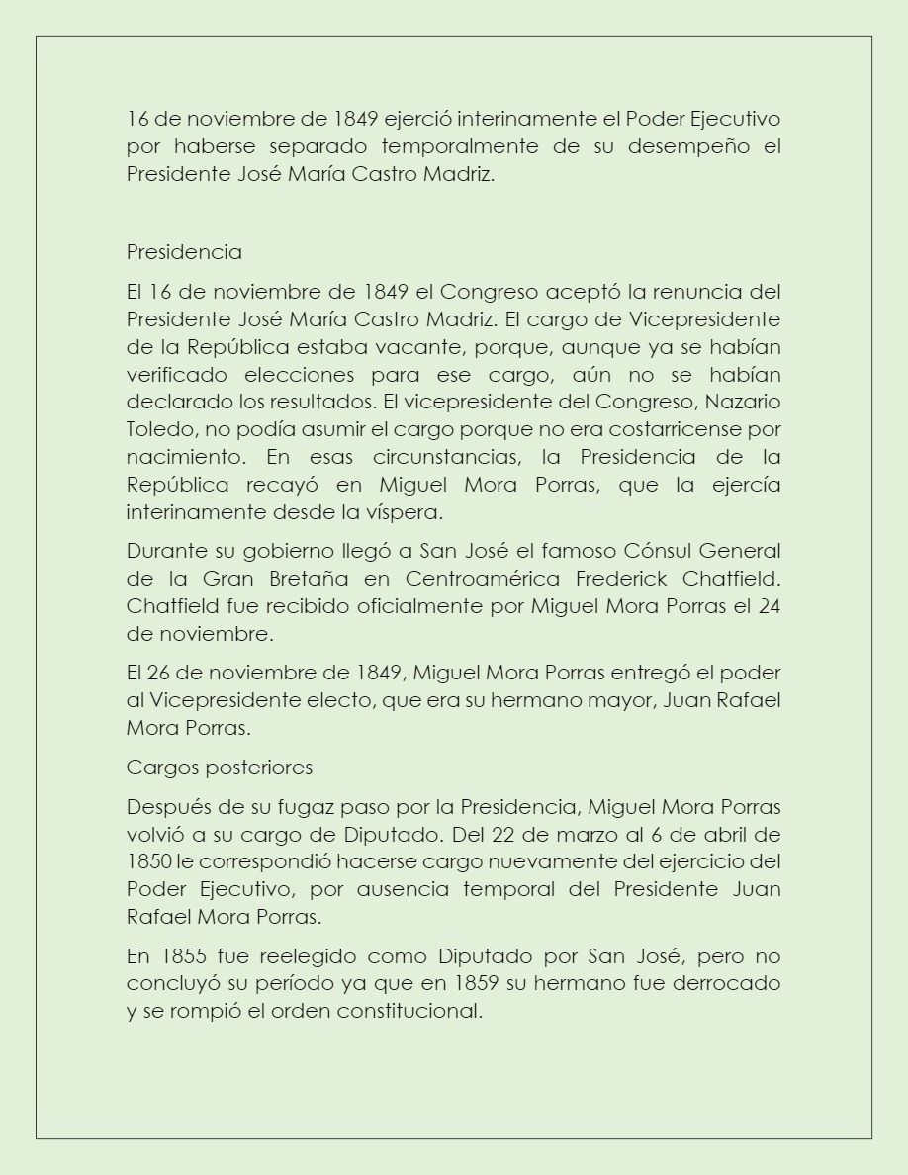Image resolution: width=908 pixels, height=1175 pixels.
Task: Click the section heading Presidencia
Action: click(184, 252)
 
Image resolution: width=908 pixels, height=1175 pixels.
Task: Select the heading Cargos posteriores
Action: click(220, 768)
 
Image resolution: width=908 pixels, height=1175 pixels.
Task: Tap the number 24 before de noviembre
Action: click(769, 605)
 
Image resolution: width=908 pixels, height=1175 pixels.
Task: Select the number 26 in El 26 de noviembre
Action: click(159, 673)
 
